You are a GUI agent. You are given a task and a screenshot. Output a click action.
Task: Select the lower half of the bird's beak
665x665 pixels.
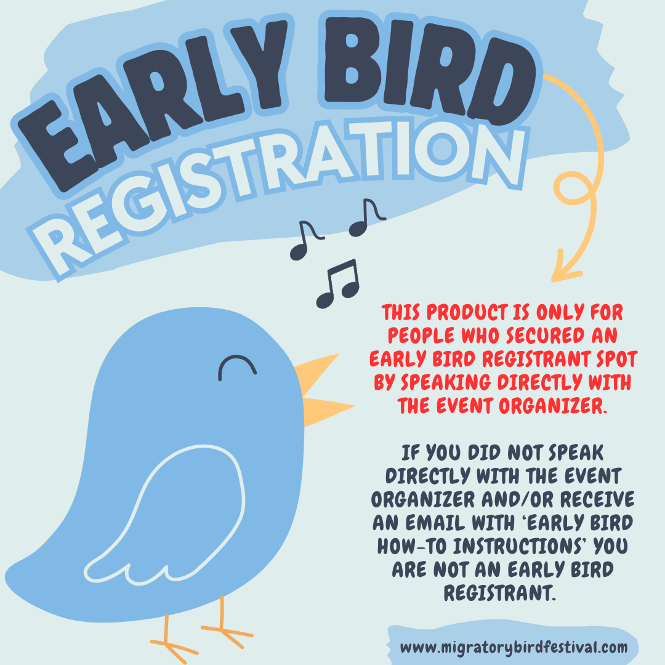(326, 409)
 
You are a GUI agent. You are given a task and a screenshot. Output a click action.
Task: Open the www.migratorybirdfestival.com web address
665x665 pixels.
(514, 647)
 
